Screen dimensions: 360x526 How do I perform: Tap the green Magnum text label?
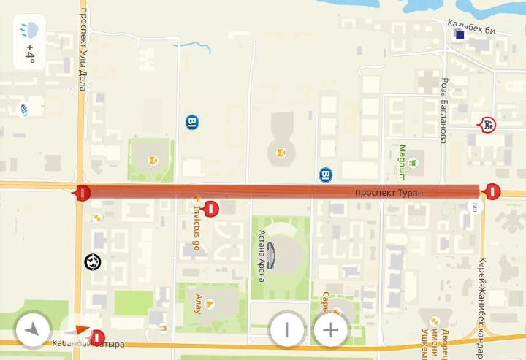click(401, 161)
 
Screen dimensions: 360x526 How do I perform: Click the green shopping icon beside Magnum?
click(414, 162)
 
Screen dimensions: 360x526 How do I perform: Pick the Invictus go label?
click(196, 222)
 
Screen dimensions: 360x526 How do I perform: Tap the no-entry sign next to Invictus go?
click(212, 209)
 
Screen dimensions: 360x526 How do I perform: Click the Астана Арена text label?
click(261, 253)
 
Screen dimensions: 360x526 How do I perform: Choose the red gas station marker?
click(487, 125)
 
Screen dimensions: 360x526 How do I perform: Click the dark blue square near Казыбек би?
click(460, 34)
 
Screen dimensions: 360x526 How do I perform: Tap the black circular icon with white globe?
click(93, 261)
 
